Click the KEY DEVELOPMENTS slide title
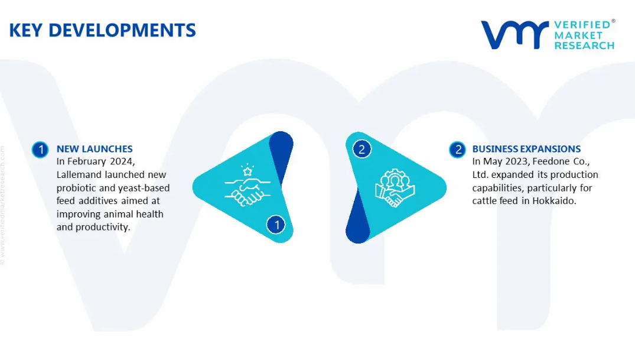point(102,30)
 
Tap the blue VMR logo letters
point(514,35)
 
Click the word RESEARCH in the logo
point(584,46)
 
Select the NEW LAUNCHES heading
point(95,149)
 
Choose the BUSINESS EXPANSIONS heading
point(526,149)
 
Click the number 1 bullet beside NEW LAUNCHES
point(41,150)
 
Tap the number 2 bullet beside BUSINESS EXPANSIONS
point(458,150)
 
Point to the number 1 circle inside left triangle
point(276,225)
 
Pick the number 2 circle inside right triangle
point(362,149)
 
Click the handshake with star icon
point(248,185)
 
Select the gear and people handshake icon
point(395,188)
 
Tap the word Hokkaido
point(554,200)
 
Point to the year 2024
point(122,161)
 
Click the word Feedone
point(549,161)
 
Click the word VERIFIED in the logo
point(582,25)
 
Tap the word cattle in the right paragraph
point(484,200)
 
